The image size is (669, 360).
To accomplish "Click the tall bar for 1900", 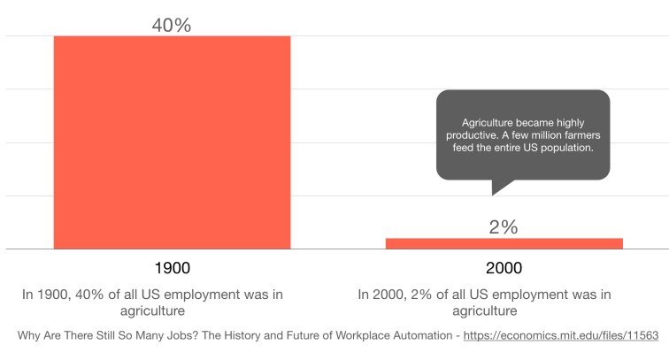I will coord(172,142).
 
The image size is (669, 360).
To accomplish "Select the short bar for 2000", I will coord(504,243).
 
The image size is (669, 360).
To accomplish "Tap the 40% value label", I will coord(172,25).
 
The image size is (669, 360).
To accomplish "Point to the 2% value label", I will coord(504,227).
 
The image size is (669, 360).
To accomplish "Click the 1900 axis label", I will coord(172,268).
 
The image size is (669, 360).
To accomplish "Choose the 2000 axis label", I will coord(504,268).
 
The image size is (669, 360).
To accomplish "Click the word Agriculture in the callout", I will coord(490,122).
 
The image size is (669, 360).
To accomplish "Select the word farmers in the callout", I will coord(581,135).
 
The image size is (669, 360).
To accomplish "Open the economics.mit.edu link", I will coord(554,337).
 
